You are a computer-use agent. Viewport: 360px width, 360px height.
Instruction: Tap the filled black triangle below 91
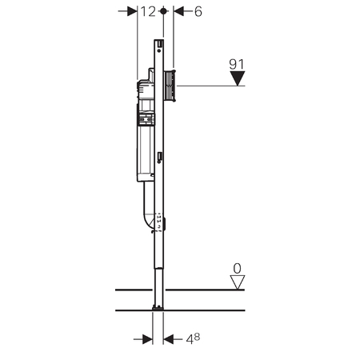point(236,78)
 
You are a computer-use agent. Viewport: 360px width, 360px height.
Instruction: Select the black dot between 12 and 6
point(163,12)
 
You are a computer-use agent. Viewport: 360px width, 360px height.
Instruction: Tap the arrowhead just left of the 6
point(179,12)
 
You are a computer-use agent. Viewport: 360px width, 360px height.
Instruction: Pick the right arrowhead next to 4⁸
point(169,338)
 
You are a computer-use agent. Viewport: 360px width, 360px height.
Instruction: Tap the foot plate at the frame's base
point(158,307)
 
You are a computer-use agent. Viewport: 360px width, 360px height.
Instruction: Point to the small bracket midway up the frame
point(161,157)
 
